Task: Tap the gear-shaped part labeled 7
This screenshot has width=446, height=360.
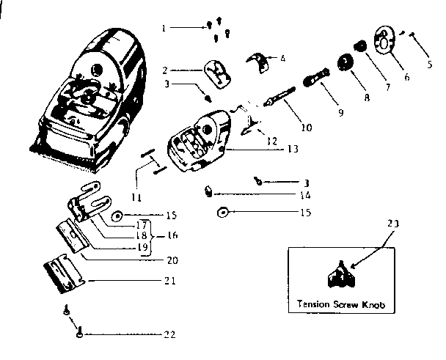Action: coord(360,47)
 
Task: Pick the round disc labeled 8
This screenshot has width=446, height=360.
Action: coord(343,63)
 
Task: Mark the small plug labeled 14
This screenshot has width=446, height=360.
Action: coord(209,193)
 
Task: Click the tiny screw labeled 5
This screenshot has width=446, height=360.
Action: coord(414,34)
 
